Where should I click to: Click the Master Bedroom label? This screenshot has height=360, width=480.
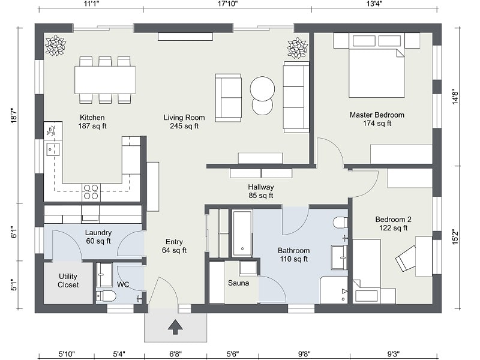(x=377, y=115)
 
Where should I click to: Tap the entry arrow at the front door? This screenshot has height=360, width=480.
(x=175, y=326)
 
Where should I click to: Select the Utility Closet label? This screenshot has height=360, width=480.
(x=68, y=280)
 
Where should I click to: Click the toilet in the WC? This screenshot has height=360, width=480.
(x=106, y=296)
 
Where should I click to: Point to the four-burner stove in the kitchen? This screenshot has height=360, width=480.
(x=91, y=192)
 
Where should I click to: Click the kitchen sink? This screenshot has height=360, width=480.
(x=52, y=149)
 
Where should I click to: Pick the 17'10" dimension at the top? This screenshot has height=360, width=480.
(x=228, y=4)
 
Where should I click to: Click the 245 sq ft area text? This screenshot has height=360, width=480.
(x=184, y=126)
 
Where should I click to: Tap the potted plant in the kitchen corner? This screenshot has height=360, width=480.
(x=55, y=46)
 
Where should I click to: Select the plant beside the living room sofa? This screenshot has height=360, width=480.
(x=297, y=48)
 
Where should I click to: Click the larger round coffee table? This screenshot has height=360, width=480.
(x=262, y=89)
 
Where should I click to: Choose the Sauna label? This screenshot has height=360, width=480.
(x=238, y=283)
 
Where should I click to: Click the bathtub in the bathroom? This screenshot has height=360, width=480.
(x=242, y=233)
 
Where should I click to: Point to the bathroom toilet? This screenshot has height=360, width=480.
(x=340, y=223)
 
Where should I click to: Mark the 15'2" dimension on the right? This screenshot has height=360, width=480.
(x=455, y=236)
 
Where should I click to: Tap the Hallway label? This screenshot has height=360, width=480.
(x=261, y=187)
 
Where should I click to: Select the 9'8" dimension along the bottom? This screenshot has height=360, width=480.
(x=304, y=354)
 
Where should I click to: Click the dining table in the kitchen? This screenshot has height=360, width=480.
(x=105, y=80)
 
